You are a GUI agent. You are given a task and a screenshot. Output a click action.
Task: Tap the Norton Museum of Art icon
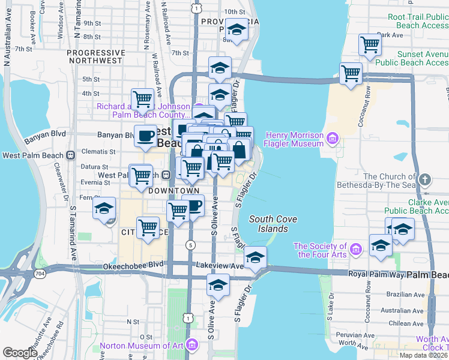pyautogui.click(x=192, y=345)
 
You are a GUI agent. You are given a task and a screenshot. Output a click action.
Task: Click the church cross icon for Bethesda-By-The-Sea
pyautogui.click(x=424, y=179)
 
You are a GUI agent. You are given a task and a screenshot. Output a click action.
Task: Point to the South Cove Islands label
pyautogui.click(x=273, y=224)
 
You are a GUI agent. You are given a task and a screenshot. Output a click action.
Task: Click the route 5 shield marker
pyautogui.click(x=190, y=245)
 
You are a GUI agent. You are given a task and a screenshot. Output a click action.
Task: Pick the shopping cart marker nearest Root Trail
pyautogui.click(x=370, y=44)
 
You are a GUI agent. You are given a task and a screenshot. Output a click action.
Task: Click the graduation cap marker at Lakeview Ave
pyautogui.click(x=256, y=257)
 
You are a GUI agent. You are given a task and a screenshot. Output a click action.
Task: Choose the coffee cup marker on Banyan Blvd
pyautogui.click(x=145, y=136)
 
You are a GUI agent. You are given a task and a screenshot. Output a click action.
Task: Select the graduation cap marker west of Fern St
pyautogui.click(x=104, y=208)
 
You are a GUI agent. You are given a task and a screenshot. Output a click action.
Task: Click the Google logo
pyautogui.click(x=20, y=353)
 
